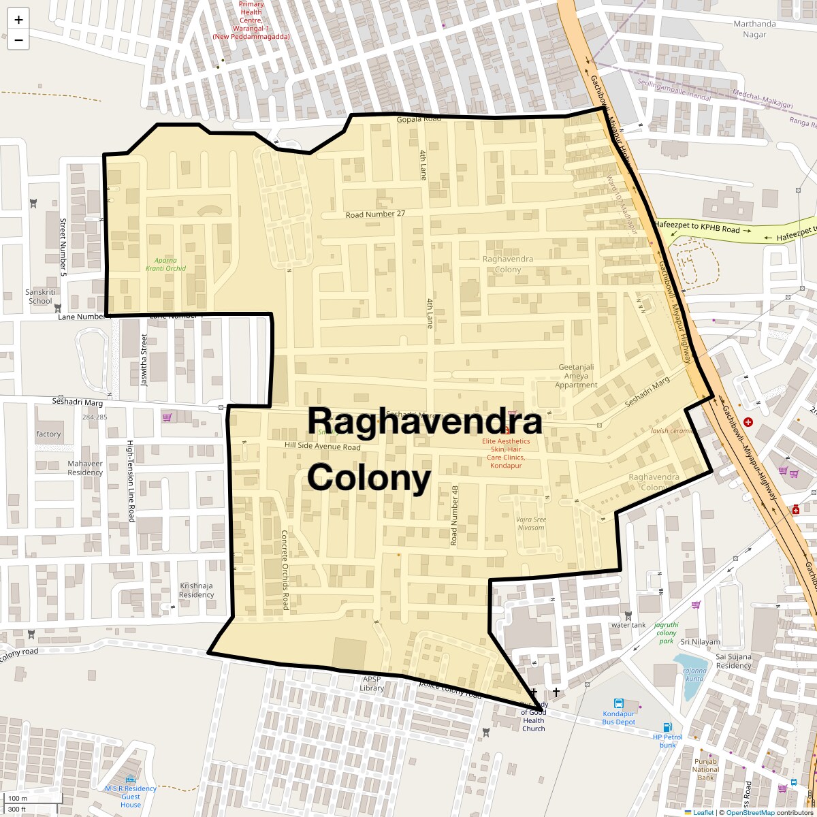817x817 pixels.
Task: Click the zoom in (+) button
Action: click(x=18, y=20)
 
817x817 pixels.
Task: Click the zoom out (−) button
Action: click(x=18, y=40)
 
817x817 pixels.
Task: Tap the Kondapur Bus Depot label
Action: click(x=619, y=717)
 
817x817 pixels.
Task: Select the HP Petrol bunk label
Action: click(x=667, y=740)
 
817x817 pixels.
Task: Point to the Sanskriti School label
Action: click(x=39, y=296)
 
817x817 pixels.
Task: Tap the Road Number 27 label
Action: click(x=375, y=214)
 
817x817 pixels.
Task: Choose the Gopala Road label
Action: click(x=419, y=119)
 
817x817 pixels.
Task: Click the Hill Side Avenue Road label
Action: click(x=322, y=447)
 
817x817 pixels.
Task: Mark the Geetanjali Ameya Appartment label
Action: click(x=576, y=376)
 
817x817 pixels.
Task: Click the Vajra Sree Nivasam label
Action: click(x=530, y=524)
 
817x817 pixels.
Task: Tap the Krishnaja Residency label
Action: click(x=196, y=590)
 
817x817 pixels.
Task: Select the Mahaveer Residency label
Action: click(x=85, y=468)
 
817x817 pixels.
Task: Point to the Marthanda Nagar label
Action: click(x=754, y=29)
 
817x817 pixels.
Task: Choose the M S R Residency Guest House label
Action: click(x=130, y=797)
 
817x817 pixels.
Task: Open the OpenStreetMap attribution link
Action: click(x=750, y=812)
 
